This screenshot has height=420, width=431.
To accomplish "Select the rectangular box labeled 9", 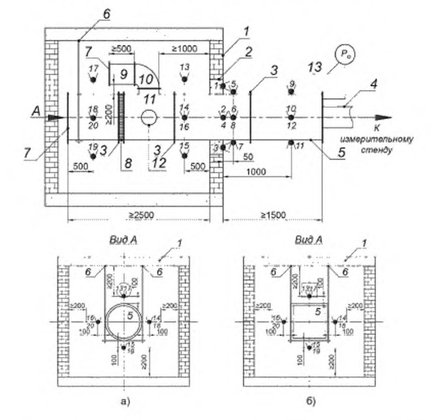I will pos(122,75).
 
